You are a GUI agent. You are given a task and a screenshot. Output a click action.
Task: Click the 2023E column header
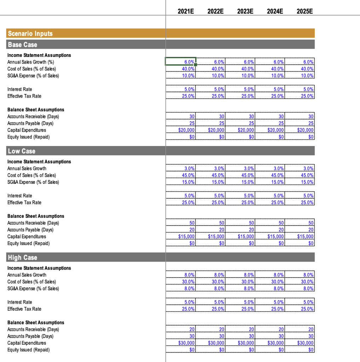[x=245, y=11]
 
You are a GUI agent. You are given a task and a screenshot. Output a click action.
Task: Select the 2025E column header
[x=304, y=11]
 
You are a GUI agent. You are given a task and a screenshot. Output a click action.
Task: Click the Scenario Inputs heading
[x=30, y=34]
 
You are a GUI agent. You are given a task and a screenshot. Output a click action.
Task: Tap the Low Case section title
[x=22, y=151]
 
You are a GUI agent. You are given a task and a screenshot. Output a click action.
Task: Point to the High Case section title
[x=22, y=257]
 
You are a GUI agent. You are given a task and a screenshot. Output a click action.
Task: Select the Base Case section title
[x=22, y=45]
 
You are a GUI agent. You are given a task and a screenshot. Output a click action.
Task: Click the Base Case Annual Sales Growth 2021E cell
[x=181, y=62]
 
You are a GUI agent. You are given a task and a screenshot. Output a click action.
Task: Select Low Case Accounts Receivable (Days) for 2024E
[x=270, y=223]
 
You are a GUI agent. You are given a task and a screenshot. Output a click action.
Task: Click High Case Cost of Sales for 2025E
[x=300, y=282]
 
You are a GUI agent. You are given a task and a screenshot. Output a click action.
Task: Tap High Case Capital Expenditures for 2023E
[x=240, y=343]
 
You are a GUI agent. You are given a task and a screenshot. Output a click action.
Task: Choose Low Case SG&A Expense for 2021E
[x=181, y=182]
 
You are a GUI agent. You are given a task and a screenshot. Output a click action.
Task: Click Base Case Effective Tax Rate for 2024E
[x=270, y=96]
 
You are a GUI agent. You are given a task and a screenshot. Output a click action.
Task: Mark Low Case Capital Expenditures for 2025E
[x=300, y=237]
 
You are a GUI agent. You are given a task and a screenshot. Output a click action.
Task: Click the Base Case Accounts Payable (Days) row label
[x=30, y=123]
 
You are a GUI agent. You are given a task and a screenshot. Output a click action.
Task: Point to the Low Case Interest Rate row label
[x=19, y=196]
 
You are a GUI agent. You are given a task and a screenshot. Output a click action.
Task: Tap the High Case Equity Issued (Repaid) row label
[x=28, y=350]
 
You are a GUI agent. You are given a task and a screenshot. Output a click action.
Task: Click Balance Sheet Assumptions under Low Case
[x=36, y=216]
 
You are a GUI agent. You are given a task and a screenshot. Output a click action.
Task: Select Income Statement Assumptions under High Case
[x=39, y=268]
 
